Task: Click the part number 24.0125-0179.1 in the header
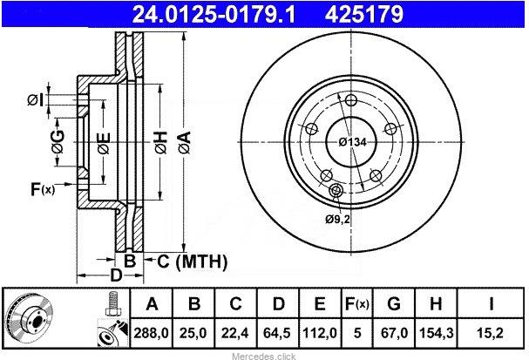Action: point(214,15)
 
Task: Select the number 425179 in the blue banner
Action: point(364,15)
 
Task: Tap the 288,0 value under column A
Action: point(151,333)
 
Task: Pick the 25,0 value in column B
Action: point(193,333)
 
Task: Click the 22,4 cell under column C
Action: point(234,333)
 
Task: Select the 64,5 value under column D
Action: point(277,333)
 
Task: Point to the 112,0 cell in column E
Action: point(320,333)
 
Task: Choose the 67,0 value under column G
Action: point(394,333)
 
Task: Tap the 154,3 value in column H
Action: point(437,333)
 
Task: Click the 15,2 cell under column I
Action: point(490,333)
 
